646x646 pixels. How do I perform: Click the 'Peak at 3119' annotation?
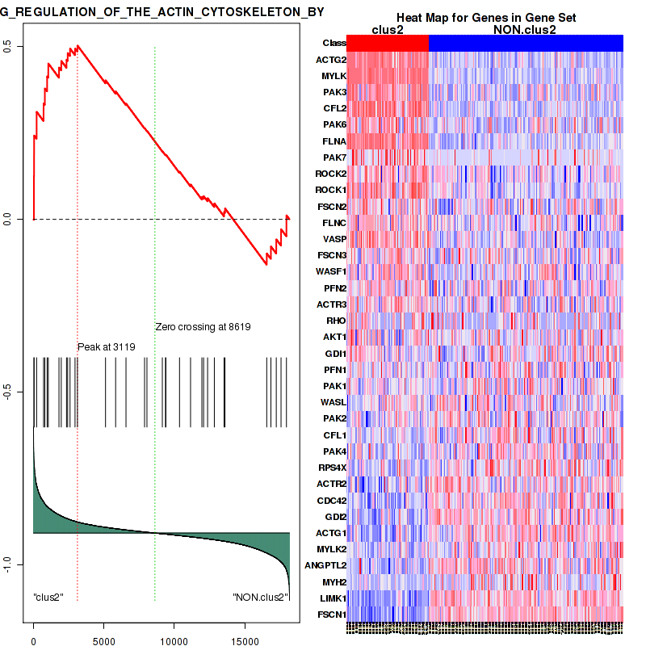106,347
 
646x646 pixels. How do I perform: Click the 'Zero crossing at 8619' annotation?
203,327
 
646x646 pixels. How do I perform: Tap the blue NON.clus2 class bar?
526,44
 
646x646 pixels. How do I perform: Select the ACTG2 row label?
331,60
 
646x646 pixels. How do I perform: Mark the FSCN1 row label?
332,615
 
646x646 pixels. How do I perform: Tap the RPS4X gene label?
331,468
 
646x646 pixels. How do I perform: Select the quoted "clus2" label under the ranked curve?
48,597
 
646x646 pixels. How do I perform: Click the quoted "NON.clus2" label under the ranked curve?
260,597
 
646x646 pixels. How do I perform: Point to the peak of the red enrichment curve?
78,46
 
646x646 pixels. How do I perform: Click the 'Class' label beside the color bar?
333,44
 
